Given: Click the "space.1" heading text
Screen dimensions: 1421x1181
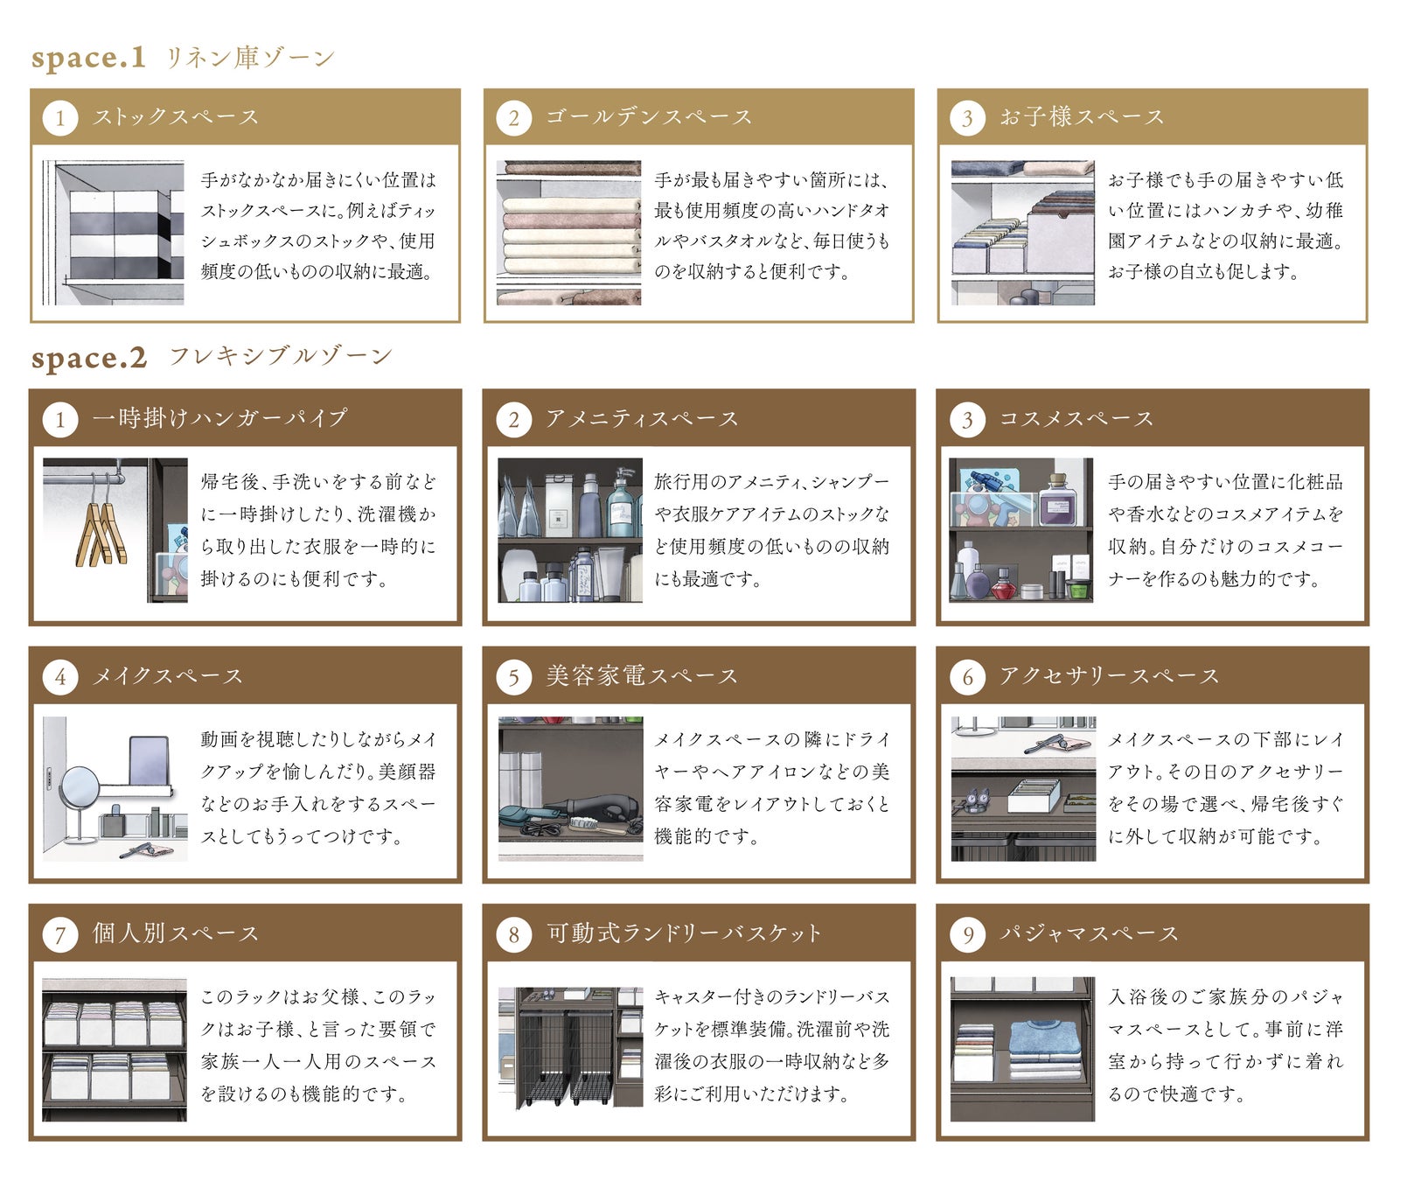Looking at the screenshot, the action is tap(88, 58).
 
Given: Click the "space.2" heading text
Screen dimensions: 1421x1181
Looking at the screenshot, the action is tap(89, 358).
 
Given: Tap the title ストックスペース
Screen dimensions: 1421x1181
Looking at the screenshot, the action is tap(177, 117).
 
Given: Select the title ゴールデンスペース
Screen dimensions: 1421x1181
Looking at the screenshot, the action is tap(649, 117).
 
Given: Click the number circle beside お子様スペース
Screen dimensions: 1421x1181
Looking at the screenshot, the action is tap(967, 118).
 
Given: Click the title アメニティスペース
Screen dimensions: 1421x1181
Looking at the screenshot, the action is tap(642, 419).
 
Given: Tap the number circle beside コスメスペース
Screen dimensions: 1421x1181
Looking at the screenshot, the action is tap(967, 420).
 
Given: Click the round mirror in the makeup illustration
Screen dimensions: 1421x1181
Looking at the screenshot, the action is tap(80, 785).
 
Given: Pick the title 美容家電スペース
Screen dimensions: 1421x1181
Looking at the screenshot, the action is tap(642, 676).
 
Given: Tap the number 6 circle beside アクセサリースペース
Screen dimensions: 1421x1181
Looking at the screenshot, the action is tap(967, 677).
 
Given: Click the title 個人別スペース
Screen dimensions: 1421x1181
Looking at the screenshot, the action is tap(177, 933).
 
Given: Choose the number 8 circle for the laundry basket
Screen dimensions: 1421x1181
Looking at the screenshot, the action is tap(513, 934).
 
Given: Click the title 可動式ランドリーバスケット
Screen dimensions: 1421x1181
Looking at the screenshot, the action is tap(684, 933).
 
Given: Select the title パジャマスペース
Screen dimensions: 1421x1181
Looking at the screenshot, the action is tap(1090, 933).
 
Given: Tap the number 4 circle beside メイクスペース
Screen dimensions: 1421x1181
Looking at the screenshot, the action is tap(59, 677).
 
